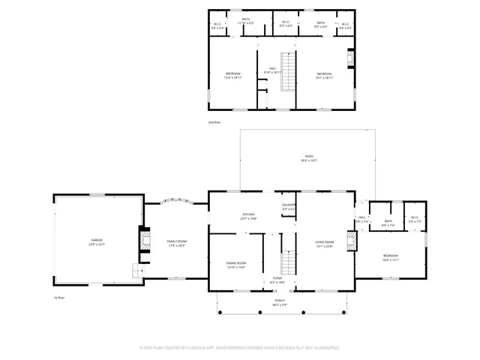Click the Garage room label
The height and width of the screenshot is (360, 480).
click(x=97, y=241)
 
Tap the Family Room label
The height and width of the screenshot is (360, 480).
click(x=176, y=242)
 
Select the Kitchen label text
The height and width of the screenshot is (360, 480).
click(x=248, y=216)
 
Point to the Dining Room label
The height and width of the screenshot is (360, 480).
click(x=236, y=265)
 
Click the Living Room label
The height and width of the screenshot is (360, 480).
click(x=324, y=243)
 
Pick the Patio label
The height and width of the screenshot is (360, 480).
click(x=309, y=157)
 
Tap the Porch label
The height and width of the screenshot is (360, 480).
click(x=279, y=303)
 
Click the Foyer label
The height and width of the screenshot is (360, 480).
click(x=277, y=280)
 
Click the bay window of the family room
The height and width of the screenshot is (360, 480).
click(x=177, y=200)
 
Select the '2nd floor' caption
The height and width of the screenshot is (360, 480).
click(x=215, y=121)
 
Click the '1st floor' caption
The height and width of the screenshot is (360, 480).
click(x=60, y=297)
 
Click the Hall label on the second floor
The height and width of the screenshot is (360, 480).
click(x=273, y=70)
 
